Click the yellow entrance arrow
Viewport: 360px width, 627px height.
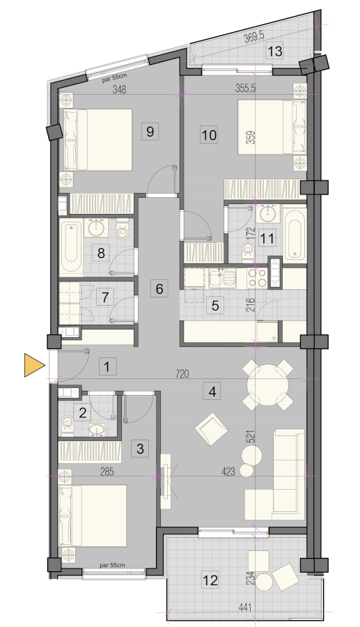[x=33, y=365]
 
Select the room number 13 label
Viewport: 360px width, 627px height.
[x=275, y=51]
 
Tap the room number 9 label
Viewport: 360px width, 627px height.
[x=150, y=131]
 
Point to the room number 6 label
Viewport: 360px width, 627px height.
[x=159, y=288]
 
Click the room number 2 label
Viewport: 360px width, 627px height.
[x=83, y=412]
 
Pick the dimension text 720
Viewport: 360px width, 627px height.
[x=182, y=374]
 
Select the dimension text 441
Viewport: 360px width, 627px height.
[x=244, y=607]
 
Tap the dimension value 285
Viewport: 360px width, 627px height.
[x=107, y=472]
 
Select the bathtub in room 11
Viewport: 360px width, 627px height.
[x=295, y=234]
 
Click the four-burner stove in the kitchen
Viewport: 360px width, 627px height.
[x=258, y=277]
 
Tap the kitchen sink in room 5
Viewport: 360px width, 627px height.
[x=222, y=278]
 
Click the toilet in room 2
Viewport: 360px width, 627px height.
[x=68, y=424]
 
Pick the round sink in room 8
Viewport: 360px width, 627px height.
[x=96, y=228]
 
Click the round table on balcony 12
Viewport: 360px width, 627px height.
[x=264, y=582]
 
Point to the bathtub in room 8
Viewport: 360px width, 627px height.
[x=72, y=247]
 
